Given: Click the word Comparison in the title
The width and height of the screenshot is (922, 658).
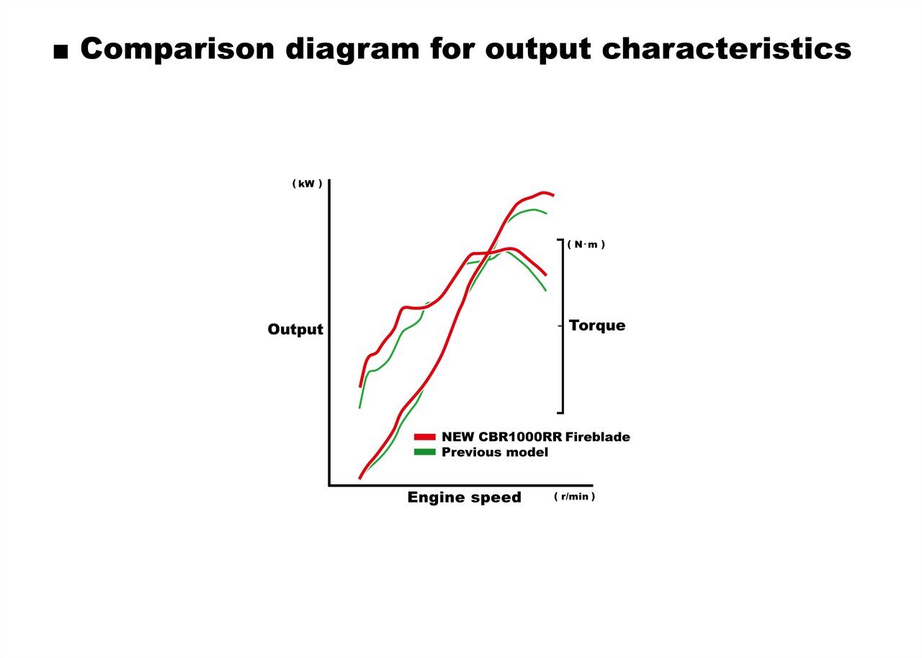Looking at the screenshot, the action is pos(177,50).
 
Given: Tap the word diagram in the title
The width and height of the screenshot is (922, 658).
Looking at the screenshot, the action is pos(352,50).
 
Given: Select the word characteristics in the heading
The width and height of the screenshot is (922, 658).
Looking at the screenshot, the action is pos(727,49).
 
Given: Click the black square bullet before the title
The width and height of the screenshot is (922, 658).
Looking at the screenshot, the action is pos(61,53).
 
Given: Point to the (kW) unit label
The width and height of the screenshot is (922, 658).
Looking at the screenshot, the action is pos(307,184).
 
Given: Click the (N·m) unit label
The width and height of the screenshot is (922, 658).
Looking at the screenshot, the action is pos(586,244).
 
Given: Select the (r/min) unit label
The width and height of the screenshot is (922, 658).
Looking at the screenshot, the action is pos(574,497).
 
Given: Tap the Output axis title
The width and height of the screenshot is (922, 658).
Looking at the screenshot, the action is pos(295,329).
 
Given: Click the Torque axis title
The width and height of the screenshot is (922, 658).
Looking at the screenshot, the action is pos(597,326).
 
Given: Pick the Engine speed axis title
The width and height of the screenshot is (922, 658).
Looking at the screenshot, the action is pos(465,497).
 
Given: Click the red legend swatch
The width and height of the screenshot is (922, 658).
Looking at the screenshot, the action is pos(424,437).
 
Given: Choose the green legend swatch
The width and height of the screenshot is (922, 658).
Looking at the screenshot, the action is pos(424,452).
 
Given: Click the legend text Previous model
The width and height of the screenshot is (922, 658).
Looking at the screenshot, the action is pos(495,452).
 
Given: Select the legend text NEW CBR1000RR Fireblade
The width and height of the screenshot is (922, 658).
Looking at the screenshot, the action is pos(535,437).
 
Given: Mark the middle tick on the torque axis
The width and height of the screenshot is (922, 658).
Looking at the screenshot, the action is pos(560,326).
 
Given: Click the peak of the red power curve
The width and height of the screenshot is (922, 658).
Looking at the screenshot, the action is pos(544,192).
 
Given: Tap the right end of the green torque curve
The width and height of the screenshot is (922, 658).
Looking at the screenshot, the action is pos(546,290).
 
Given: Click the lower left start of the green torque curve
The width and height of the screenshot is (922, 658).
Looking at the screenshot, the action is pos(359,408).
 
